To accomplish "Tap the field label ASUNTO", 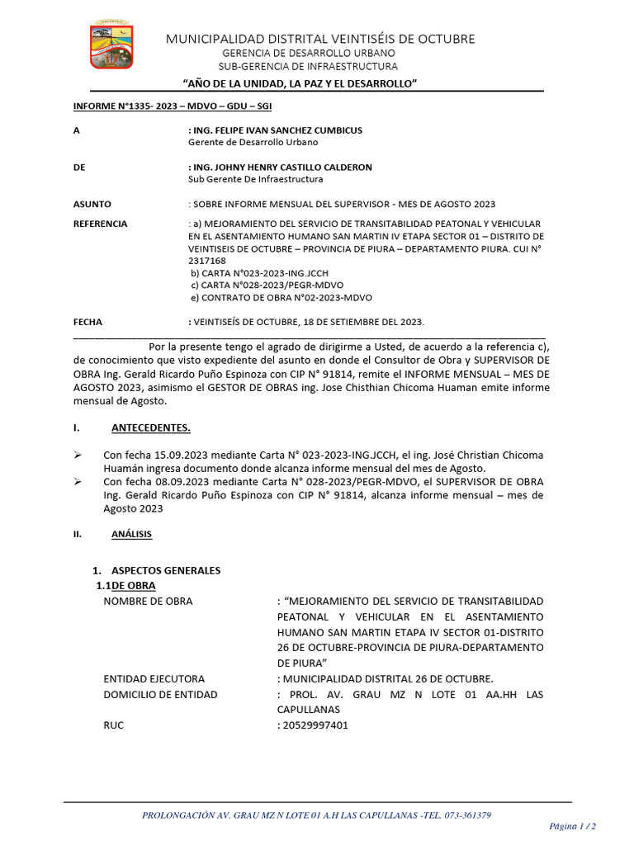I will point(92,204).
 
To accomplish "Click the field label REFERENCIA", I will point(100,224).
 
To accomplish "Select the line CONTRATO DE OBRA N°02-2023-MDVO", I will point(281,297).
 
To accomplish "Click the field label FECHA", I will point(88,322).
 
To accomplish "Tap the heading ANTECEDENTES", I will point(150,427).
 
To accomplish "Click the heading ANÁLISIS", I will point(131,534).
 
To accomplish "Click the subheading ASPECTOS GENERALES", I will point(162,570).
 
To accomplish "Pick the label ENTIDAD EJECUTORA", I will point(154,678).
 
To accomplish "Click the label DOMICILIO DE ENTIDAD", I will point(160,694).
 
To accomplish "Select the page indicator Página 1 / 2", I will point(572,825).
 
